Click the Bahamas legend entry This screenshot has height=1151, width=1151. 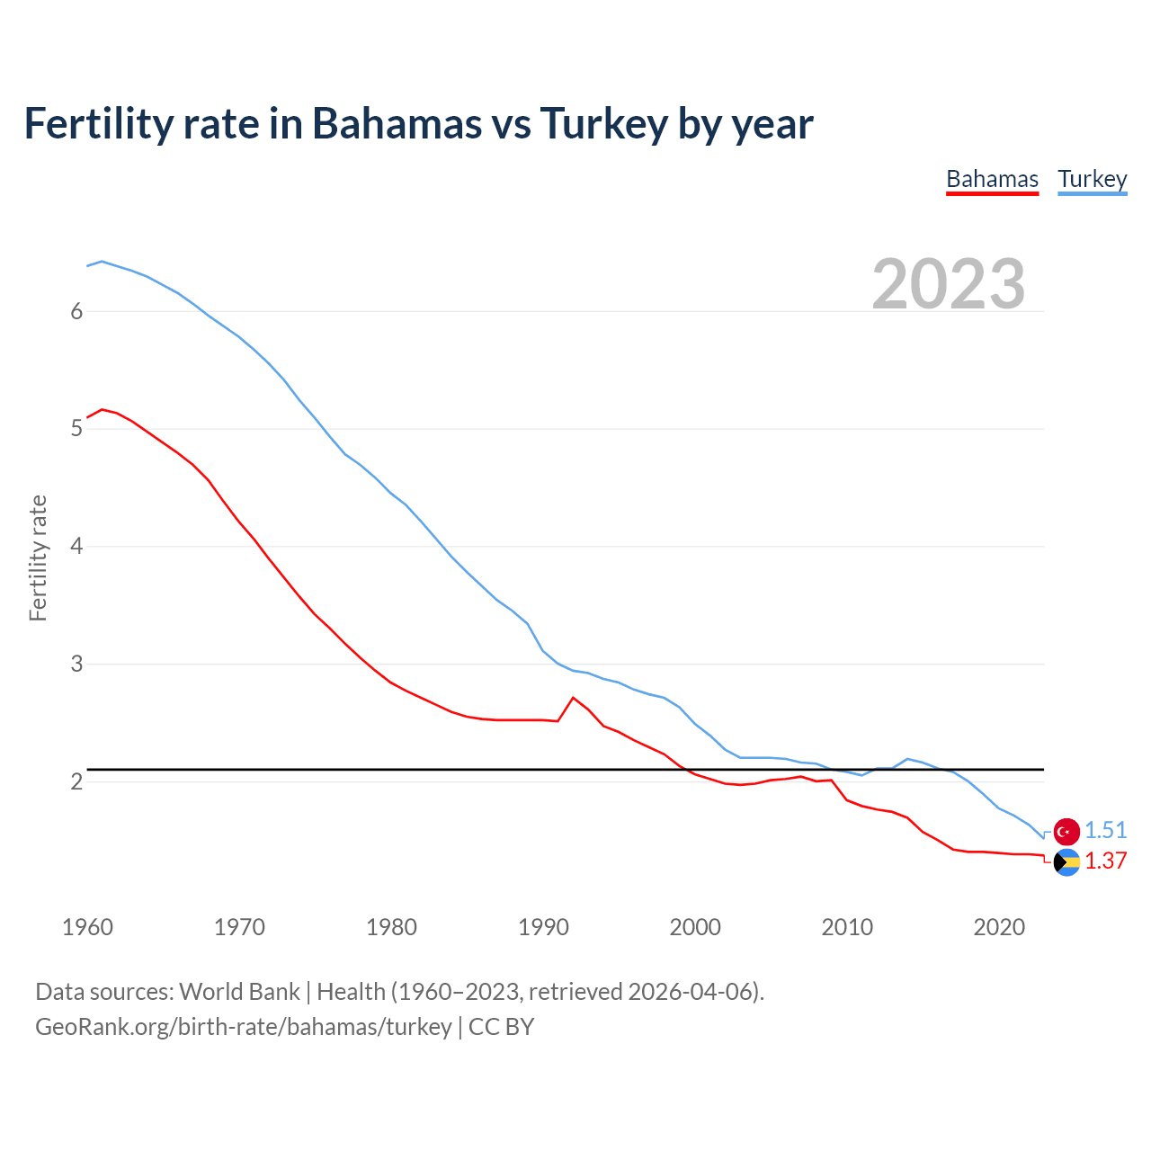[992, 179]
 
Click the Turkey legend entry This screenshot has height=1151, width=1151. [1092, 179]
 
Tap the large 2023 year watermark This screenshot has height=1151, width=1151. [948, 284]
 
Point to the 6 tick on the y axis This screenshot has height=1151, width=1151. [76, 311]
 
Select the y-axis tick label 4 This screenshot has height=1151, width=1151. [76, 547]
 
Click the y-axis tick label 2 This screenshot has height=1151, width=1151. [76, 781]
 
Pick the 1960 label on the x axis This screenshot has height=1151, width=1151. [87, 927]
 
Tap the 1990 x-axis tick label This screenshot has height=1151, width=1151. [543, 927]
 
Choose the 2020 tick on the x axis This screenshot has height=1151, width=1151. [999, 927]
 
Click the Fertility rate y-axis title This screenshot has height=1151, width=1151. [38, 558]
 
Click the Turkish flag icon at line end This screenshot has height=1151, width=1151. [1066, 831]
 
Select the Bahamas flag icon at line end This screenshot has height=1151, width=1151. [1066, 862]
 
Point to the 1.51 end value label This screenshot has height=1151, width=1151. [1105, 830]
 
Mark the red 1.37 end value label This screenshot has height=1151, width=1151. [1105, 861]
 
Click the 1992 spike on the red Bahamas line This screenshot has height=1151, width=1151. [573, 698]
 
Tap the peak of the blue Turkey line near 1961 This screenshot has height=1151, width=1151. [102, 262]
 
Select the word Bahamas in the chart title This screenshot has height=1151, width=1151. [397, 123]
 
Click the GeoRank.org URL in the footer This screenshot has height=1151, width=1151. [243, 1027]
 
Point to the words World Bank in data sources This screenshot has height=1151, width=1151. [239, 992]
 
